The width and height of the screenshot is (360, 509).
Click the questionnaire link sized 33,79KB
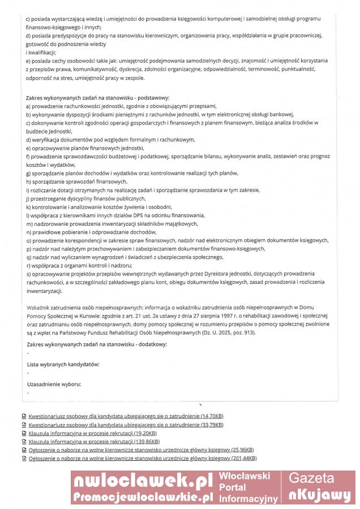126,425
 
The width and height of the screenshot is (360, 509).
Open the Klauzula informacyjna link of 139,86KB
94,441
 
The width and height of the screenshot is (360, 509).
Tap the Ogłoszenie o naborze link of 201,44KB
142,458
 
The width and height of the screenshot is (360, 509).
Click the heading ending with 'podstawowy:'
98,98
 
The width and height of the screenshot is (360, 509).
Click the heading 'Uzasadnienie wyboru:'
54,385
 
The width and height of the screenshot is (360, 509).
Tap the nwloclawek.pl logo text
142,481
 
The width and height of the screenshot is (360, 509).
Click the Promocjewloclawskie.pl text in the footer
142,497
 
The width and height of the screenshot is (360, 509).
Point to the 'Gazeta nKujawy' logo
319,487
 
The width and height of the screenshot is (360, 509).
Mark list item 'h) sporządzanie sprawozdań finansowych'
76,182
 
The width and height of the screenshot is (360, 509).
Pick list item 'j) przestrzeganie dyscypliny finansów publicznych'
86,199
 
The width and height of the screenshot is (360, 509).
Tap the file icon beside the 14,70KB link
23,416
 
